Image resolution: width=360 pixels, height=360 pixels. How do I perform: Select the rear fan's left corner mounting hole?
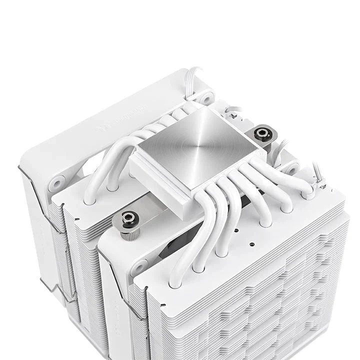pyautogui.click(x=55, y=183)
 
